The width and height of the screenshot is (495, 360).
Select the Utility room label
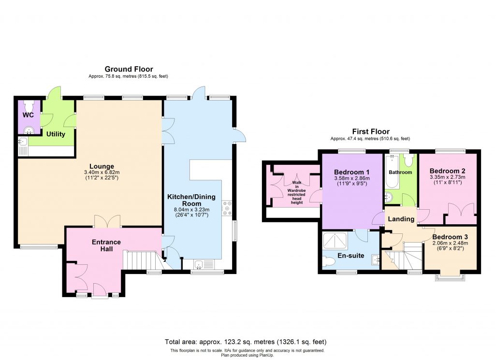click(56, 134)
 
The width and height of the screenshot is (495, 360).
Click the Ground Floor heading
click(129, 69)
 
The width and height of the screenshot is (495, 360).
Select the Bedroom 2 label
click(447, 171)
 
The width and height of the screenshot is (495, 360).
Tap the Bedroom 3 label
click(450, 237)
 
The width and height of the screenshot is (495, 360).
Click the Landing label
click(401, 219)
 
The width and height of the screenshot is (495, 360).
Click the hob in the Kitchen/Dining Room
click(227, 208)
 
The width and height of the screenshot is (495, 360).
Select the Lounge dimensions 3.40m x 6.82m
click(101, 173)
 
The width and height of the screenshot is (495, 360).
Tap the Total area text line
click(247, 342)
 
